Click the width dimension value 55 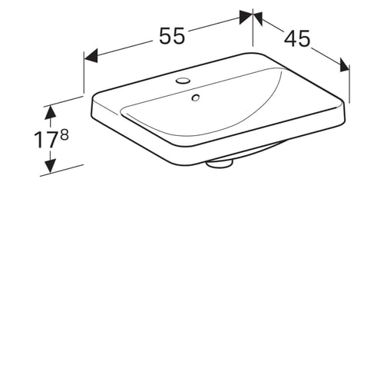(x=172, y=36)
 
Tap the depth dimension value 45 (x=297, y=38)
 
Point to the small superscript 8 (x=65, y=134)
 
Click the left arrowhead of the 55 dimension (x=91, y=55)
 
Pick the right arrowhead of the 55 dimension (x=247, y=17)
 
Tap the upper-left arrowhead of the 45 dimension (x=258, y=18)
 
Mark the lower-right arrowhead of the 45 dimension (x=345, y=65)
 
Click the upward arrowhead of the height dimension (x=50, y=112)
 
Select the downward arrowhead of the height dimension (x=50, y=166)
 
